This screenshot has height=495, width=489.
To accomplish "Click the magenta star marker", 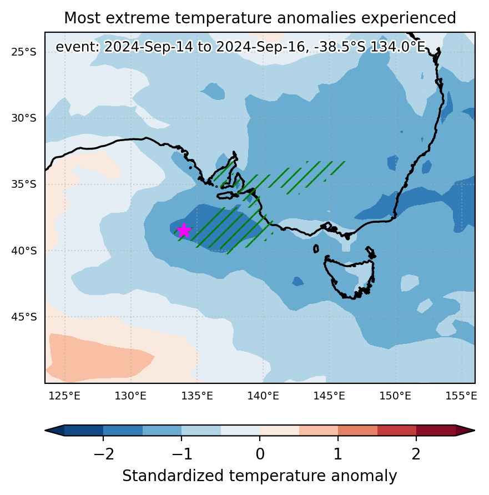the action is click(184, 230).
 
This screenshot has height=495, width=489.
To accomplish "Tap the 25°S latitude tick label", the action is click(24, 52).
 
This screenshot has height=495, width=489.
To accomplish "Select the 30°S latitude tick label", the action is click(24, 118).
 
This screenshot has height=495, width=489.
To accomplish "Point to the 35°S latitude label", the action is click(24, 184).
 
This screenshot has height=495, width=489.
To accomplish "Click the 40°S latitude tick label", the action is click(24, 251).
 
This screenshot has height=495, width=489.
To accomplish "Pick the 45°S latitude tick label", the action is click(24, 317).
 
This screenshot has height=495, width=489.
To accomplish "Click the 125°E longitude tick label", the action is click(65, 396).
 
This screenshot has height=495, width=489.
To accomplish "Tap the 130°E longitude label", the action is click(130, 396).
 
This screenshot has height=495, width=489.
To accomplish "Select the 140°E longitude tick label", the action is click(263, 396).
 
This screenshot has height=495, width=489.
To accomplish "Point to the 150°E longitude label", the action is click(395, 396).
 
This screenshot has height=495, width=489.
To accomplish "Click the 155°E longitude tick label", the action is click(461, 396).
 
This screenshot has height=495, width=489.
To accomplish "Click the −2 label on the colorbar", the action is click(103, 454).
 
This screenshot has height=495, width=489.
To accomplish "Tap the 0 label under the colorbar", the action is click(260, 454).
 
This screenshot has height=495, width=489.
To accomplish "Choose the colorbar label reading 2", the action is click(416, 454).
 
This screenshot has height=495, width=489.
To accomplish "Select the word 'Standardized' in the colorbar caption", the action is click(173, 476).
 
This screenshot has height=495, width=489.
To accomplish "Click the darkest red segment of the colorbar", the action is click(436, 431).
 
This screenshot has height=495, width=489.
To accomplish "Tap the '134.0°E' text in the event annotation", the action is click(397, 47).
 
